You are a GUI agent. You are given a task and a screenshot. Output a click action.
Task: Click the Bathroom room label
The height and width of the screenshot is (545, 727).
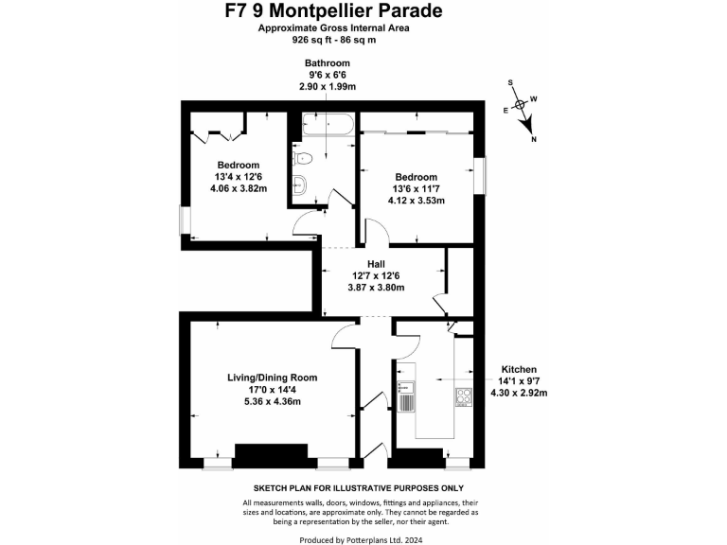pos(327,63)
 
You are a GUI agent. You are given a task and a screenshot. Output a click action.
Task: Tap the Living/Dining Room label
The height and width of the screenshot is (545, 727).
pos(272,378)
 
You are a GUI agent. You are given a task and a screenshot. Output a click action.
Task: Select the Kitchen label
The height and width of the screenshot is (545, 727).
pos(520,369)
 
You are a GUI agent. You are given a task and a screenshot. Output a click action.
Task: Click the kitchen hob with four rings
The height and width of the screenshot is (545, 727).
pos(464,397)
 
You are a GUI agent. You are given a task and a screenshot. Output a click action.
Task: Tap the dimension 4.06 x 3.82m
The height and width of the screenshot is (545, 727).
pos(239,187)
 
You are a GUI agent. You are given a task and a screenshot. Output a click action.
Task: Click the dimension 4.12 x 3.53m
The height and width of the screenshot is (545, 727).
pos(416,201)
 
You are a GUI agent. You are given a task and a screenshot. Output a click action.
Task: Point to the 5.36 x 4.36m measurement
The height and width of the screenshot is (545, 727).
pos(272,401)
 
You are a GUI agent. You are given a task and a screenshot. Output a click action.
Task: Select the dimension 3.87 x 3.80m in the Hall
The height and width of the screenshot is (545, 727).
pos(378,288)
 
